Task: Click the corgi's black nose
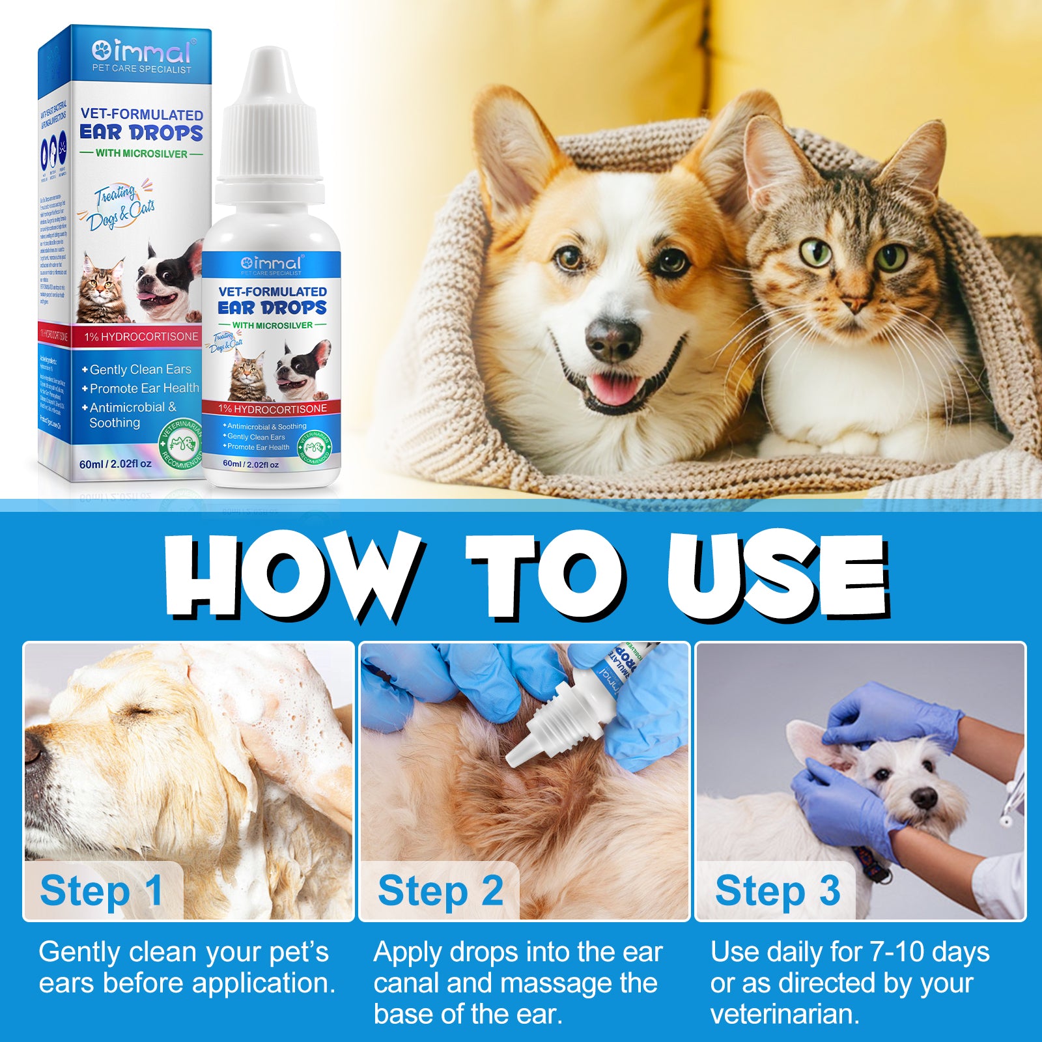click(613, 339)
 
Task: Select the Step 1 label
click(101, 890)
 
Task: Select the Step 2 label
click(440, 890)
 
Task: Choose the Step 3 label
click(777, 890)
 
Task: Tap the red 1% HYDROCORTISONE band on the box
click(141, 337)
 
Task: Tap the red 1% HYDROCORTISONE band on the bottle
click(272, 409)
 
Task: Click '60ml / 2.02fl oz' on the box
click(115, 464)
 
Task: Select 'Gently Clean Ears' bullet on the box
click(140, 369)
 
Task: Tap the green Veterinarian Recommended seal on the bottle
click(315, 449)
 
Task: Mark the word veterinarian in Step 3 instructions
click(785, 1014)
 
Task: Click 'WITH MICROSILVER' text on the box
click(141, 154)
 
